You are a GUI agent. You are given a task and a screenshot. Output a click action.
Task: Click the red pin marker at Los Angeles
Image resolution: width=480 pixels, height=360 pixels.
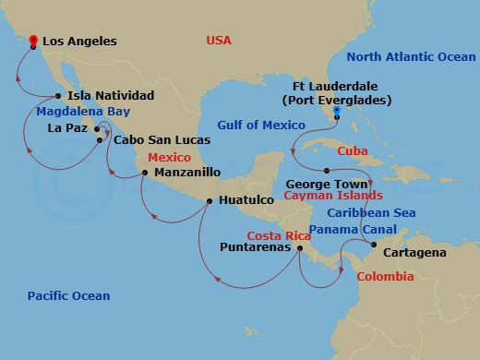click(32, 42)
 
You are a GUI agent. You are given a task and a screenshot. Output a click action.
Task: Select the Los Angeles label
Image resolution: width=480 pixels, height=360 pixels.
click(81, 42)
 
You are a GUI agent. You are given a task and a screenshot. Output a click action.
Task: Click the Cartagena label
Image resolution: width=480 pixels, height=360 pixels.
click(413, 252)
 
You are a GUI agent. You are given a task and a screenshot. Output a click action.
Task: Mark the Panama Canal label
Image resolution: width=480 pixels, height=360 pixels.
click(347, 229)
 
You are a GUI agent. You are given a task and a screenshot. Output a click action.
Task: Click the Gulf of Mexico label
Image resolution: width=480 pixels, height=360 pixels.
click(261, 126)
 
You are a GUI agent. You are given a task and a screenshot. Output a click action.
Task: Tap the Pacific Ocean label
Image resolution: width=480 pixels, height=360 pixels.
click(68, 296)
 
